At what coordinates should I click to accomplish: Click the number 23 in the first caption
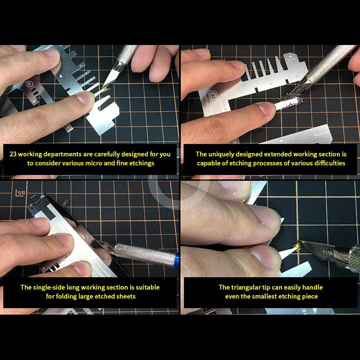[x=13, y=154]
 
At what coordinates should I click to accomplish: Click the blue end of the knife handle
[x=176, y=260]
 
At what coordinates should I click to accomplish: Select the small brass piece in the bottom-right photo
[x=296, y=246]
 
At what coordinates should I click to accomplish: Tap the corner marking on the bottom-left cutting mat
[x=19, y=193]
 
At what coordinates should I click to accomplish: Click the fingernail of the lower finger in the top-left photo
[x=85, y=97]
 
